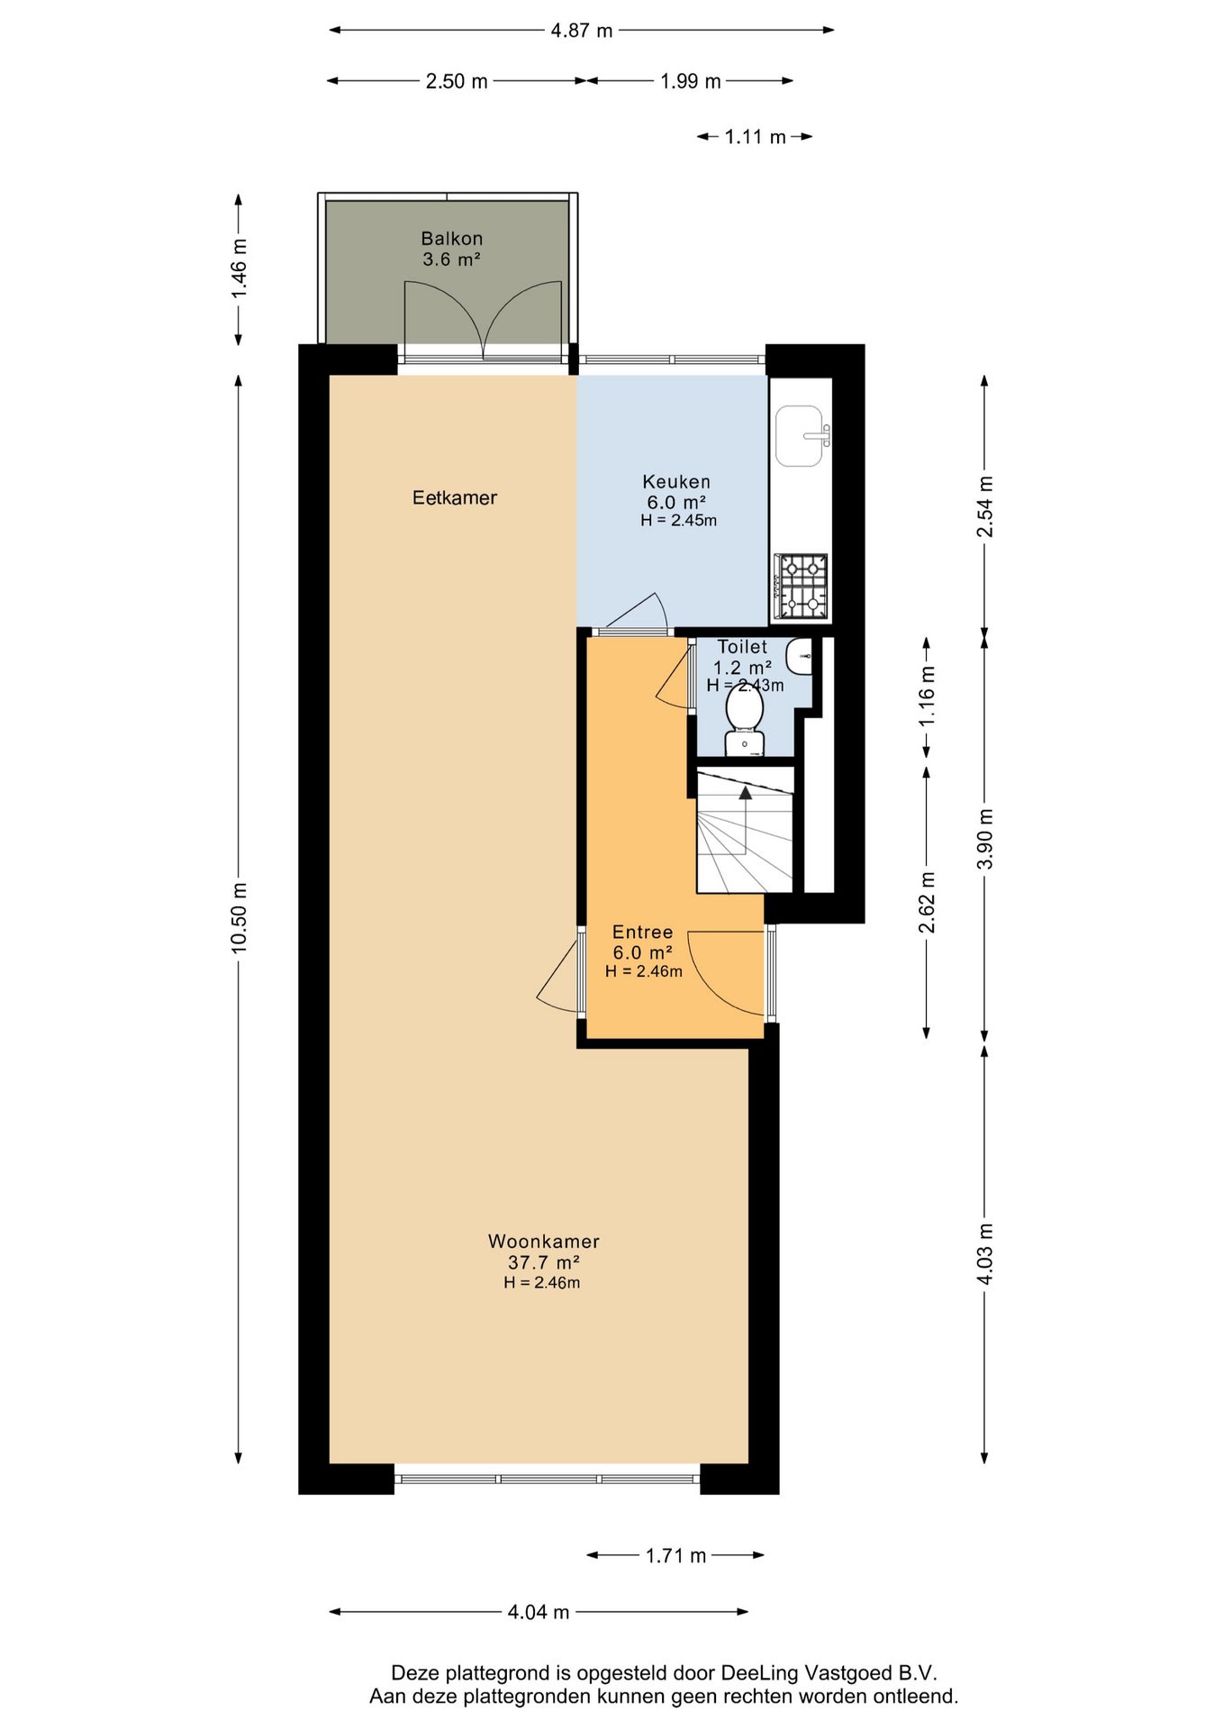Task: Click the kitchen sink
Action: tap(801, 436)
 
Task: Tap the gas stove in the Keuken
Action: tap(801, 587)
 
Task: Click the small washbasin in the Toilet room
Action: tap(799, 656)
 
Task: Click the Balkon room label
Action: tap(452, 239)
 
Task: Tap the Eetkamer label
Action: tap(455, 497)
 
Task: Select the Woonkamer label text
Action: tap(544, 1241)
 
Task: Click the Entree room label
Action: tap(643, 933)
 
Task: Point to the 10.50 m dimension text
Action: tap(239, 917)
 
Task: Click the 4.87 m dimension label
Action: tap(582, 31)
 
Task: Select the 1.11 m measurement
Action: tap(756, 137)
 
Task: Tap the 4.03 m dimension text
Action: tap(985, 1254)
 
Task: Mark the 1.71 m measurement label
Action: tap(676, 1555)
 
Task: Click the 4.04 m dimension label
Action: tap(539, 1612)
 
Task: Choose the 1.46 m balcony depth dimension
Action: tap(239, 269)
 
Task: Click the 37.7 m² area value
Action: tap(543, 1262)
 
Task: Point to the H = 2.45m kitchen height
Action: tap(679, 520)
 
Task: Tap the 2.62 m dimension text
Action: tap(927, 902)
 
